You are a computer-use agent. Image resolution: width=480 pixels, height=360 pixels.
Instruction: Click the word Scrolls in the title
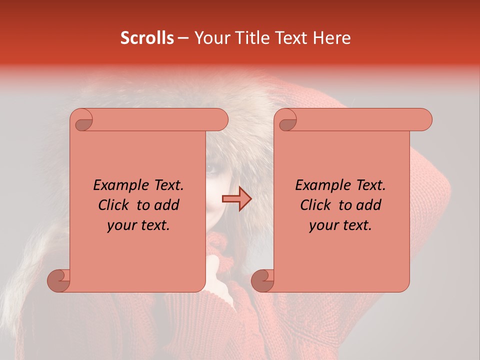[x=147, y=38]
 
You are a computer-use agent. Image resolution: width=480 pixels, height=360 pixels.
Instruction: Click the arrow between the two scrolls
[x=236, y=199]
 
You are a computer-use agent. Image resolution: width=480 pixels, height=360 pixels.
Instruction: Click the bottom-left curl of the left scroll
[x=59, y=280]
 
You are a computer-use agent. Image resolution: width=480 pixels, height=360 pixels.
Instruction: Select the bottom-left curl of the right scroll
[x=263, y=280]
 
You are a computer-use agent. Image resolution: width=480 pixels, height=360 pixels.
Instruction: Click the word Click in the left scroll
[x=114, y=205]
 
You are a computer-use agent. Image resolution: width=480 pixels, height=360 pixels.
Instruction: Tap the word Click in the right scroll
[x=316, y=205]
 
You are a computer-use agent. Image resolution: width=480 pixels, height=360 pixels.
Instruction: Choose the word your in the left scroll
[x=120, y=225]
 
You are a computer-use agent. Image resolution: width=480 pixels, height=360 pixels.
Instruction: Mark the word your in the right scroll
[x=322, y=225]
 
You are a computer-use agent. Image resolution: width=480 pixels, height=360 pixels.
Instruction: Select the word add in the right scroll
[x=369, y=205]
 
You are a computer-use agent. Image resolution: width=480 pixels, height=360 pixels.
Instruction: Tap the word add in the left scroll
[x=167, y=205]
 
